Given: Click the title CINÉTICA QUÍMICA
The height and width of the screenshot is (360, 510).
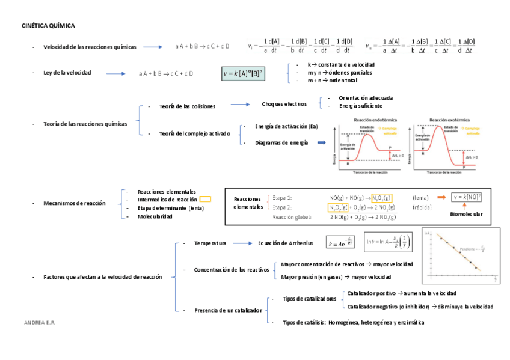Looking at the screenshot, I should (x=48, y=26).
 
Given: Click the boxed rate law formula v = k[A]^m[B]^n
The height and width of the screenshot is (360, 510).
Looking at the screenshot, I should (x=247, y=73).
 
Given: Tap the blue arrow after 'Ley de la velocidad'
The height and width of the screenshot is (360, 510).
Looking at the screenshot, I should (x=118, y=73).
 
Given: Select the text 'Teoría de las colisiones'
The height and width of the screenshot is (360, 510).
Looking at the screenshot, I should (x=187, y=106).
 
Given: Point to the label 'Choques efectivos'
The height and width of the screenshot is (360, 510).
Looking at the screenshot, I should (x=284, y=104).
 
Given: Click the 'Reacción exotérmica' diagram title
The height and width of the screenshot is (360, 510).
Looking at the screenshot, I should (x=446, y=120).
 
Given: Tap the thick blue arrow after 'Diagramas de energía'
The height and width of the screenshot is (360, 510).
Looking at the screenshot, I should (x=321, y=142).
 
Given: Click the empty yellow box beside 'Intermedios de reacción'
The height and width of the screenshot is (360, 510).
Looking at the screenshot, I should (x=205, y=199).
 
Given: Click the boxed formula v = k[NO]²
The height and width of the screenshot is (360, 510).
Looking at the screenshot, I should (x=468, y=197).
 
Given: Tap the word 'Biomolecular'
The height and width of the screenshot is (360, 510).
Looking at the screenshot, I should (x=466, y=214).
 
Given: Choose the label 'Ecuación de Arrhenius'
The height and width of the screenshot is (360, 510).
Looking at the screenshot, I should (x=286, y=243).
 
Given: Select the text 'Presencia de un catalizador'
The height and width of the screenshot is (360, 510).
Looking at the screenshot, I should (x=228, y=310).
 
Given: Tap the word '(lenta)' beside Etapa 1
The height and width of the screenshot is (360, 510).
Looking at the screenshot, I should (x=421, y=197).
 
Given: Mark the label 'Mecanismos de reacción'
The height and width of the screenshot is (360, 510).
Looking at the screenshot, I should (x=75, y=203).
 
